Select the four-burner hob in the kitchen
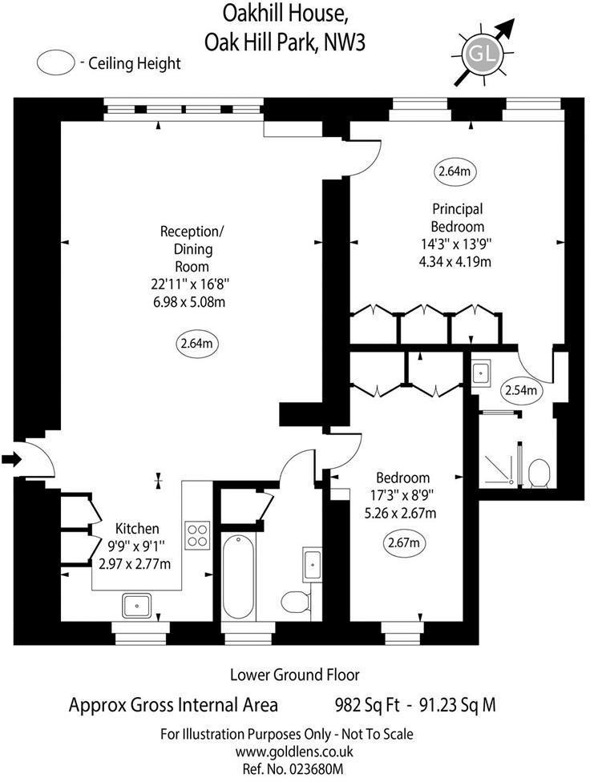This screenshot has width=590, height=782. (x=196, y=534)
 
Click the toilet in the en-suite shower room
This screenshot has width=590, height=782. (x=538, y=473)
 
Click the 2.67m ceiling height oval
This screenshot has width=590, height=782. (x=403, y=544)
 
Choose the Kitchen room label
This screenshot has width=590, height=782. (x=137, y=529)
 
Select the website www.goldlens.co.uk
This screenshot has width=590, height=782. (x=294, y=752)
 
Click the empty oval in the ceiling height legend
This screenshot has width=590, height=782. (x=56, y=62)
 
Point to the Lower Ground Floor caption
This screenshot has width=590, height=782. (x=294, y=675)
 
